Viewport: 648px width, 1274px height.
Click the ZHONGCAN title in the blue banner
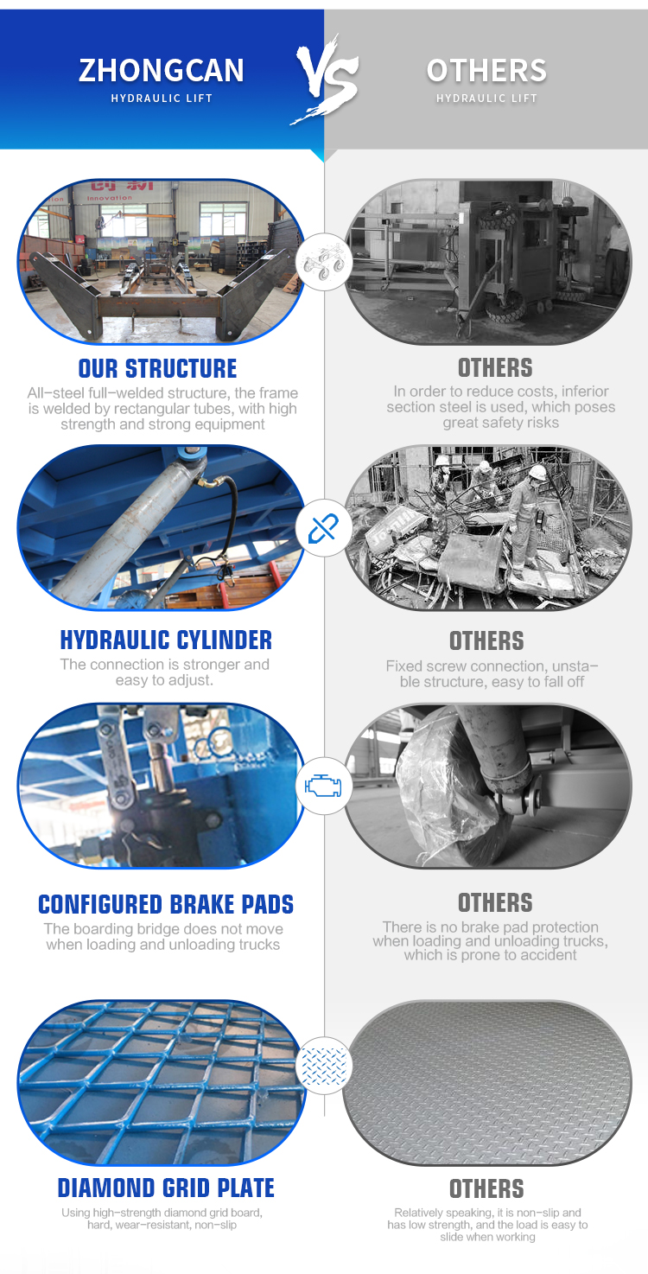click(x=162, y=71)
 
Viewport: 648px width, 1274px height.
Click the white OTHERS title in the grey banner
click(x=486, y=71)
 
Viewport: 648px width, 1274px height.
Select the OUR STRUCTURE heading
click(x=157, y=368)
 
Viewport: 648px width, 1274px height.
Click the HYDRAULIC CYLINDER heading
click(x=166, y=640)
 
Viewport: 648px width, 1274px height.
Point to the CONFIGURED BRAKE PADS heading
click(x=166, y=904)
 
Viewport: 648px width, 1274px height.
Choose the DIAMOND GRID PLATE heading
click(x=166, y=1188)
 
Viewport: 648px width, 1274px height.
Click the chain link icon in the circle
click(x=323, y=528)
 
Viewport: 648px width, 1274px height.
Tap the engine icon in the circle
click(x=323, y=786)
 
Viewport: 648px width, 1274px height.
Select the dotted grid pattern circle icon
click(x=323, y=1066)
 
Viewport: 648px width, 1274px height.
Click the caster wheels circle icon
click(x=323, y=262)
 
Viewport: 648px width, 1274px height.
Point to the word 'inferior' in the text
click(x=585, y=392)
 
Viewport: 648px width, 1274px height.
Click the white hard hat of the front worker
click(x=537, y=473)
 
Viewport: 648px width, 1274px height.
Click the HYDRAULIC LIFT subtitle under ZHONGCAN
click(x=162, y=99)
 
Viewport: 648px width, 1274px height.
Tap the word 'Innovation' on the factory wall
click(x=109, y=198)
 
